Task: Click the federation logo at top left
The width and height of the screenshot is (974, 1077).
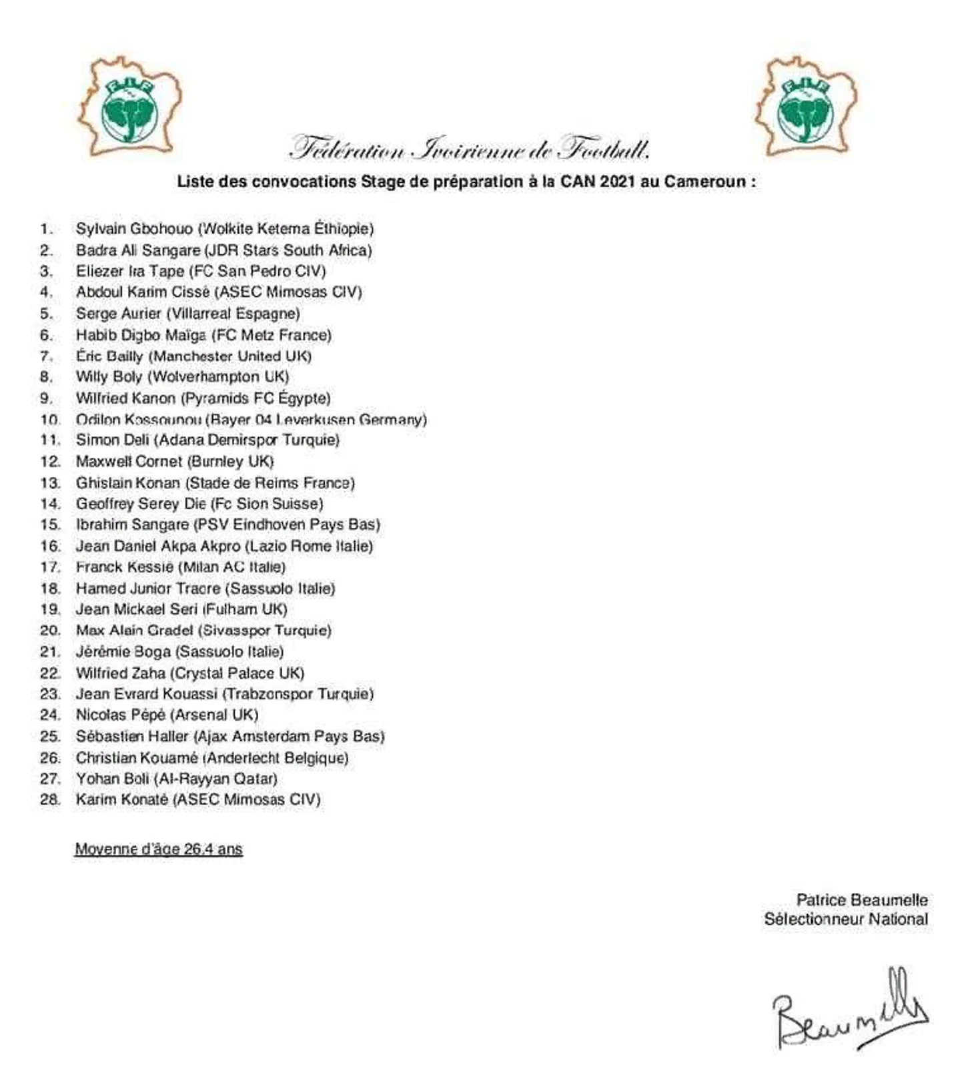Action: pos(129,107)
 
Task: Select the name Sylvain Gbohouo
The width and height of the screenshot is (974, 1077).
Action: pos(134,229)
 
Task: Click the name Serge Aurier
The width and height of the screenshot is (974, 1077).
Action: pos(118,314)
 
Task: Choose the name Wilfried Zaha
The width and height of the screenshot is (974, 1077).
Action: pos(120,673)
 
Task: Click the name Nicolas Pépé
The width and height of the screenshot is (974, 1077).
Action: pos(120,715)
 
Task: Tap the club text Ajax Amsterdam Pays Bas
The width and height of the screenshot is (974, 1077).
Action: pos(289,737)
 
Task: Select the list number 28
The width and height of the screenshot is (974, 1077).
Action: pos(49,799)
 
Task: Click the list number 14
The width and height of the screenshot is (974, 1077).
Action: pos(49,504)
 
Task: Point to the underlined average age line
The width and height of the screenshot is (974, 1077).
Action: pos(159,849)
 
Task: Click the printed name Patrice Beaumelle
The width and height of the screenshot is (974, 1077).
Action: pos(861,900)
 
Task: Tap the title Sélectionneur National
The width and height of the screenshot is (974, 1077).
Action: pos(846,920)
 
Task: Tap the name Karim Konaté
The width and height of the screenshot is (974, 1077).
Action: pos(121,799)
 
